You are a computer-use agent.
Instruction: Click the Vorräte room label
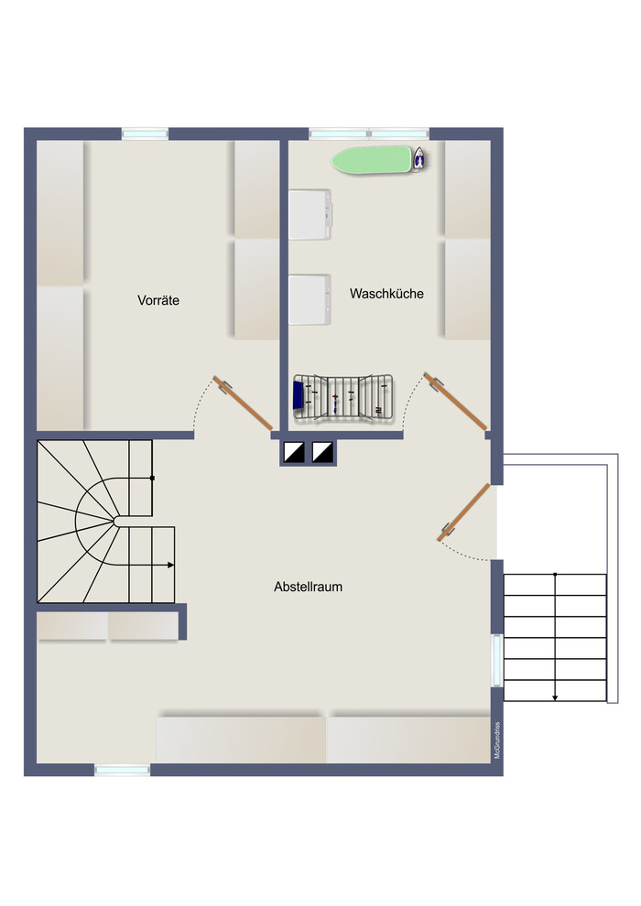[x=158, y=300]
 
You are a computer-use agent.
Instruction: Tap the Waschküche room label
[x=386, y=294]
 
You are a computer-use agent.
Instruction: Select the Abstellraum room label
[x=308, y=587]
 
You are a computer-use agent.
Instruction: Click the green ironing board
[x=373, y=159]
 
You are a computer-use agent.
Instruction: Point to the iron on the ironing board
[x=419, y=158]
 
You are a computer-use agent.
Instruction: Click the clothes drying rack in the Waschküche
[x=343, y=397]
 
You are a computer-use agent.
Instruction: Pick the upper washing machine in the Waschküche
[x=310, y=214]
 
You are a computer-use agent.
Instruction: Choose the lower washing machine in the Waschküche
[x=310, y=299]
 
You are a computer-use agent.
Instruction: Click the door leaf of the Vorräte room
[x=243, y=404]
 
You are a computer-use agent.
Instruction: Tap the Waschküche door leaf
[x=455, y=401]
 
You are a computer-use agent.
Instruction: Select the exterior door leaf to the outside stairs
[x=463, y=512]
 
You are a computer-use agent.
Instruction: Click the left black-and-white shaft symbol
[x=294, y=452]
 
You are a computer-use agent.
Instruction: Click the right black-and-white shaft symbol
[x=323, y=452]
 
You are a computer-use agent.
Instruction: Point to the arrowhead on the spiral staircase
[x=170, y=565]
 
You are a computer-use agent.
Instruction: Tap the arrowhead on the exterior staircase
[x=555, y=698]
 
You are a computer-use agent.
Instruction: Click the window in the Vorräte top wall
[x=145, y=134]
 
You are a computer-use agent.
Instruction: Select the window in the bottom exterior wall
[x=122, y=770]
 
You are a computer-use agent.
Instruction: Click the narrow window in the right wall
[x=496, y=661]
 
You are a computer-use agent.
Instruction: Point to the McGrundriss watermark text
[x=497, y=740]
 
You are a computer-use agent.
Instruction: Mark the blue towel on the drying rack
[x=299, y=395]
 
